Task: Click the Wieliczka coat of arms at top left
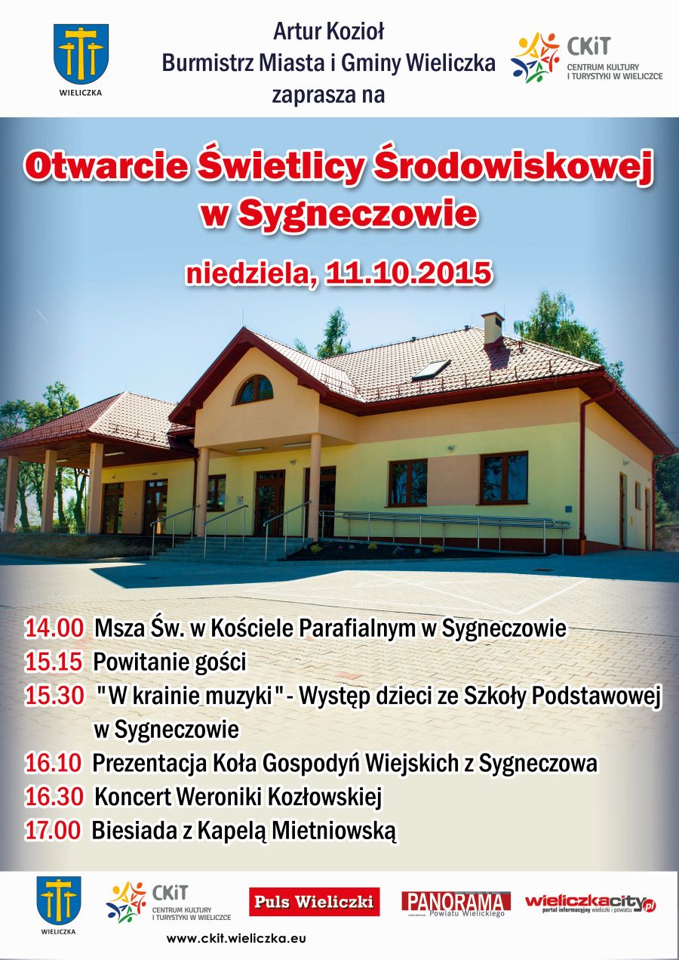click(81, 55)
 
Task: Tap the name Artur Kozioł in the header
click(329, 32)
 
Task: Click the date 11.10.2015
click(408, 273)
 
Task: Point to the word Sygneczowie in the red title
click(358, 214)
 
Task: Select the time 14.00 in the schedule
click(54, 628)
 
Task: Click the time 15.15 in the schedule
click(54, 662)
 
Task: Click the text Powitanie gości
click(170, 662)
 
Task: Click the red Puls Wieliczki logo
click(315, 902)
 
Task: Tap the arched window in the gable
click(254, 389)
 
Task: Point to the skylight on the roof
click(431, 370)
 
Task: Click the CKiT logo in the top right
click(586, 59)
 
